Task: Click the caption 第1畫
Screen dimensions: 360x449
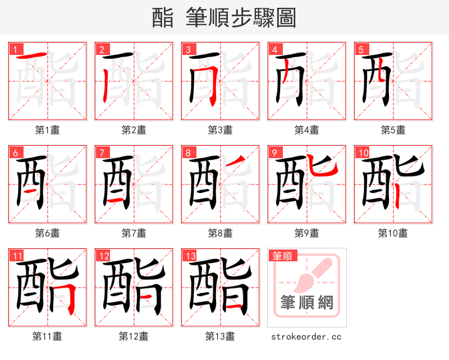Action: pos(47,130)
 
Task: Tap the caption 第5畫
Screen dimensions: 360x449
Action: pos(393,130)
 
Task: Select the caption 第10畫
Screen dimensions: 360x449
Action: pos(393,233)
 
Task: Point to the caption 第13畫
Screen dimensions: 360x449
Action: pos(220,336)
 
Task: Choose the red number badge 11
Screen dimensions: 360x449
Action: pos(17,256)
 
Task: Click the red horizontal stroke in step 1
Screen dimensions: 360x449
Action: pos(31,56)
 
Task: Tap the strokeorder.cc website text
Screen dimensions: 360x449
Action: pos(306,337)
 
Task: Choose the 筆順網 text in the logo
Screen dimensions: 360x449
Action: pos(306,303)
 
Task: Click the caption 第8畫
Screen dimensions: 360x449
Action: pos(220,233)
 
